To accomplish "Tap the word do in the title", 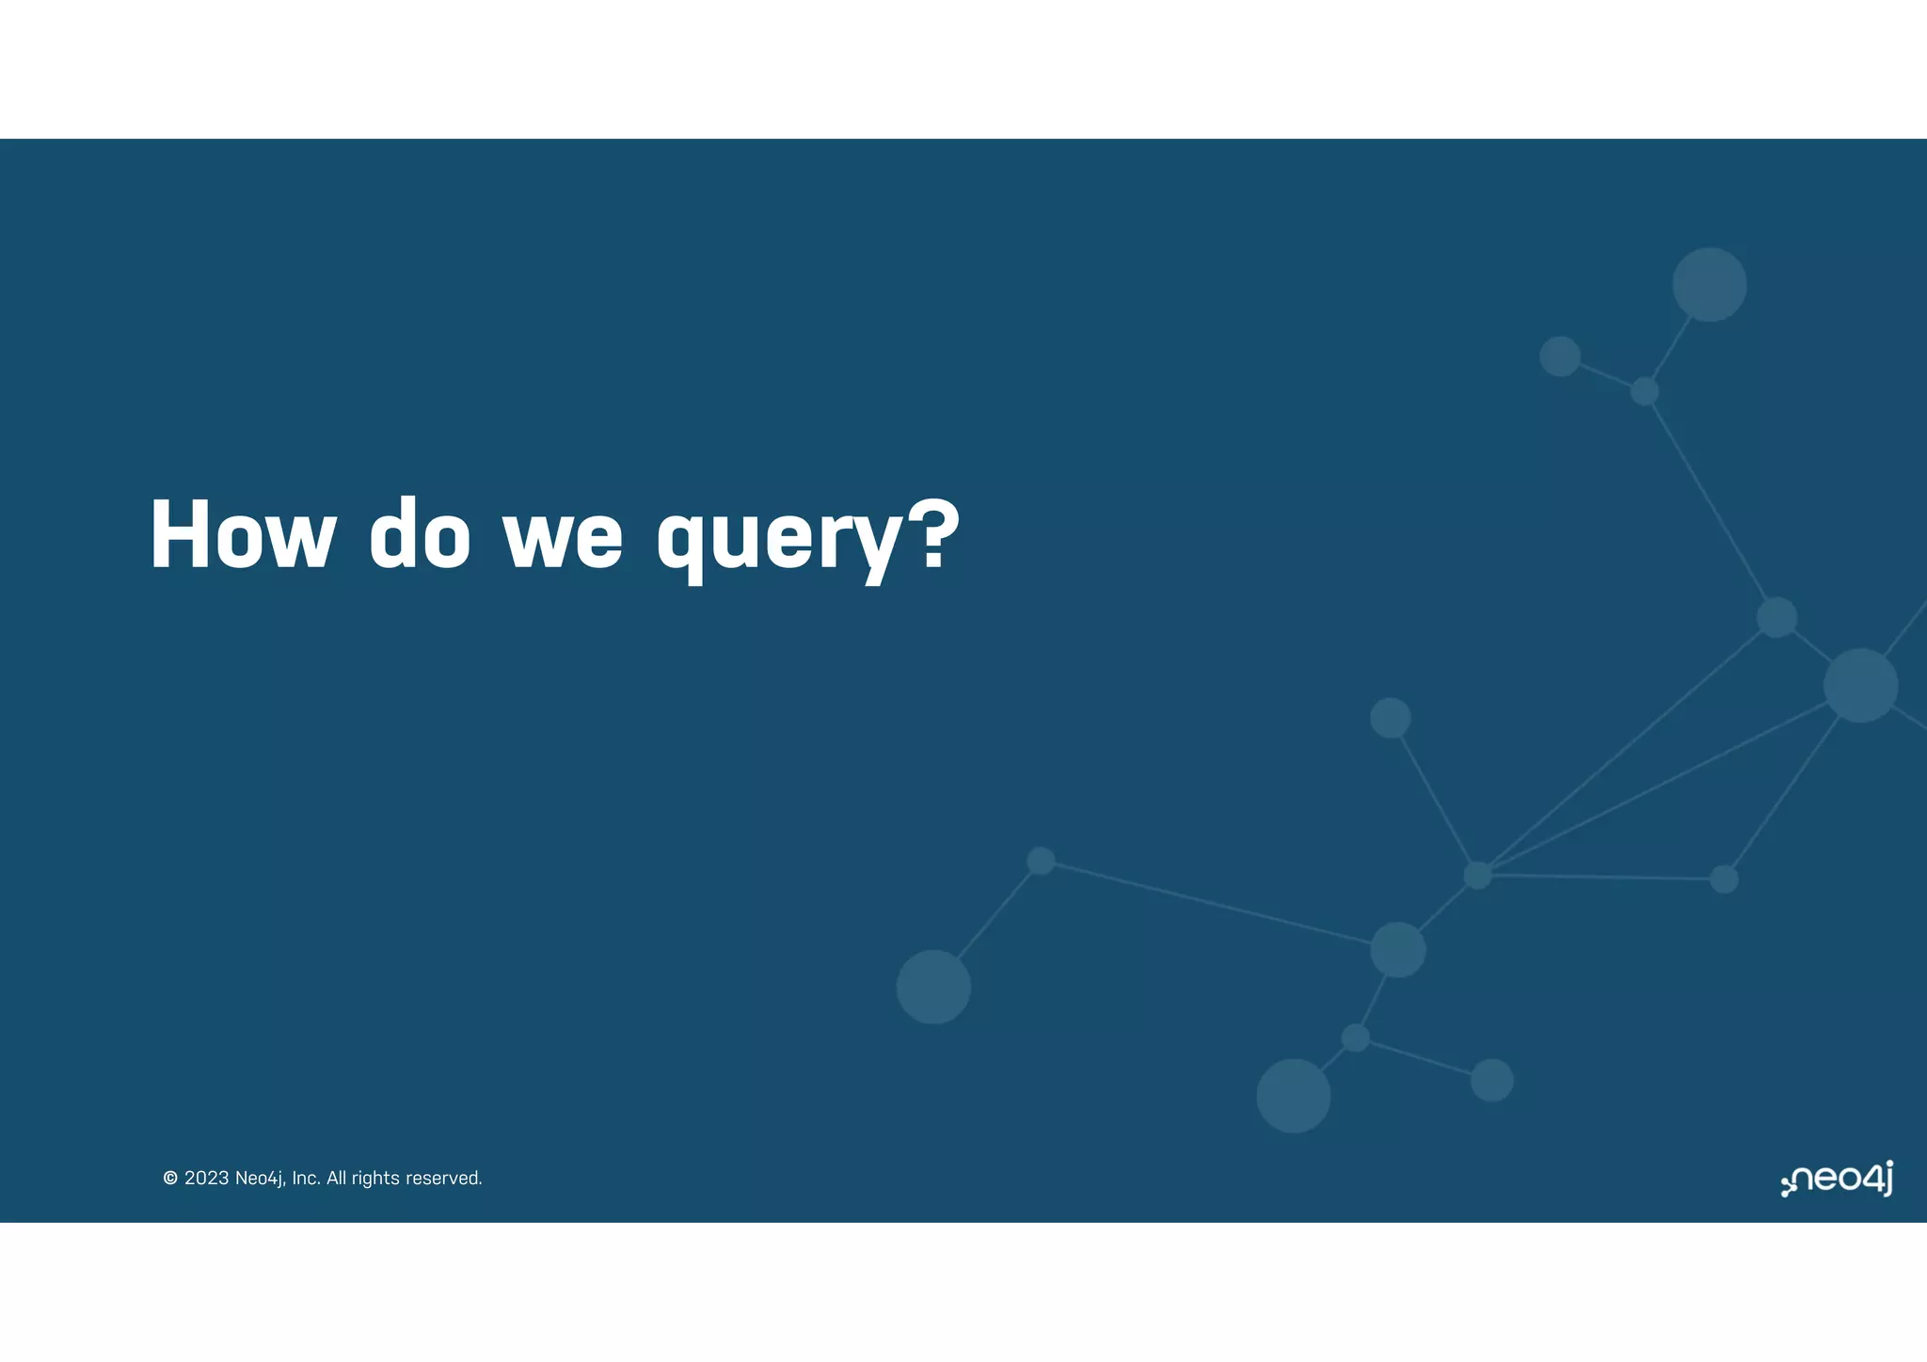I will pos(420,535).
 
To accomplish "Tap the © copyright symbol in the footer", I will pos(170,1179).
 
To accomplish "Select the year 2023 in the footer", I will pos(206,1179).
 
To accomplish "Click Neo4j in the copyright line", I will pos(260,1179).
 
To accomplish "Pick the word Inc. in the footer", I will pos(306,1179).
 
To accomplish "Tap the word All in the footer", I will pos(336,1179).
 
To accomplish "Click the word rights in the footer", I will pos(375,1179).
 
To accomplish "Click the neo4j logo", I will pos(1837,1179).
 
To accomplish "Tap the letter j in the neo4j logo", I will pos(1886,1178).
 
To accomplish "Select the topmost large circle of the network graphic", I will pos(1709,284).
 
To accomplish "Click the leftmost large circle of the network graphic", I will pos(932,987).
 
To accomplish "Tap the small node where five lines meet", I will pos(1477,875).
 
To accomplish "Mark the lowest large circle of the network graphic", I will pos(1293,1096).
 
